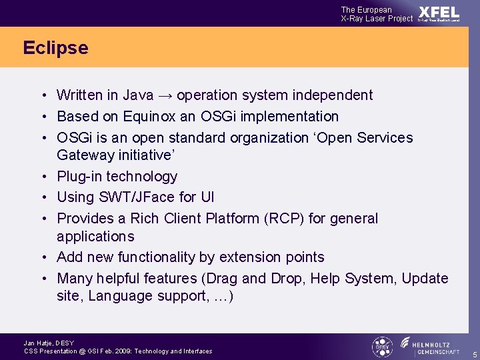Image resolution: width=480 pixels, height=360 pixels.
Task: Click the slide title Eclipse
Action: pyautogui.click(x=55, y=48)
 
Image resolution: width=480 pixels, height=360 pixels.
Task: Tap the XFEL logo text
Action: pyautogui.click(x=439, y=13)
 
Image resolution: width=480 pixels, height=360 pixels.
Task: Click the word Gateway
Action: pyautogui.click(x=84, y=155)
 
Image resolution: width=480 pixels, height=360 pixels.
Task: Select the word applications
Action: pyautogui.click(x=95, y=237)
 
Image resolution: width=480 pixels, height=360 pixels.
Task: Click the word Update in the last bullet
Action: pyautogui.click(x=425, y=279)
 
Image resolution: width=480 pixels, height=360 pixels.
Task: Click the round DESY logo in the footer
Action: pyautogui.click(x=382, y=346)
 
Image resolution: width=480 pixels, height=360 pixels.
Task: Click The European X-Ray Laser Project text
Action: pyautogui.click(x=377, y=14)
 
